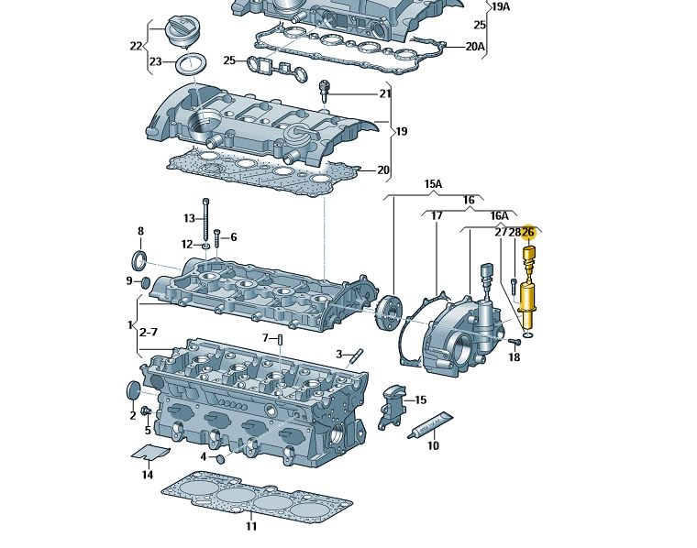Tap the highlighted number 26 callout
coord(527,233)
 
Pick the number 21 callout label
coord(385,93)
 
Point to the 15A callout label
coord(433,184)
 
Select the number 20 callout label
coord(383,170)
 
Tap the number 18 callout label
coord(514,356)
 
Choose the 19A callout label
coord(501,6)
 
